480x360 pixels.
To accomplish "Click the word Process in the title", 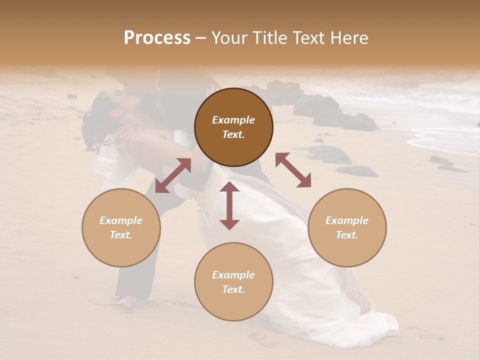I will coord(157,38).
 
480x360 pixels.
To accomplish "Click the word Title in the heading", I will coord(268,38).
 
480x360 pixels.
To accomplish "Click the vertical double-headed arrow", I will coord(229,205).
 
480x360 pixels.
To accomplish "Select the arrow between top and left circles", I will coord(173,175).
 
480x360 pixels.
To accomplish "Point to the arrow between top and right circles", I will coord(293,170).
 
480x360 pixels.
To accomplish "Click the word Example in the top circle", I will coord(233,120).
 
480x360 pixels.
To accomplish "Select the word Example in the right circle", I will coord(347,220).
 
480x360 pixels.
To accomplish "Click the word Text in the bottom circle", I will coord(232,289).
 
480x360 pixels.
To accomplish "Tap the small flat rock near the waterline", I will coord(442,161).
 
